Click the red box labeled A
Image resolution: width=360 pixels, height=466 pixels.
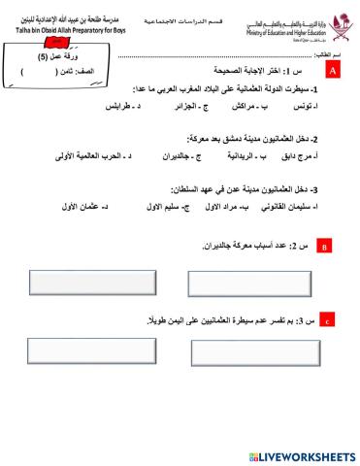click(333, 72)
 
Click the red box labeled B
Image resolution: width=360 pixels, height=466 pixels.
click(325, 250)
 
